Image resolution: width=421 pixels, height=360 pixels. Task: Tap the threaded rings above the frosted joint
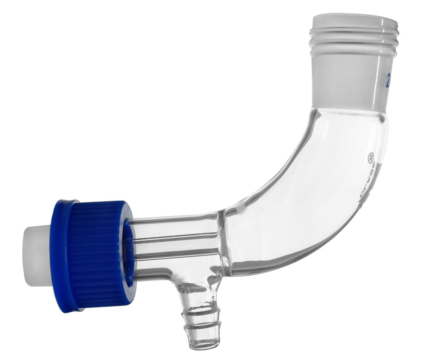tap(355, 41)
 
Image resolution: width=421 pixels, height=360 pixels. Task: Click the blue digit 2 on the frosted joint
tap(390, 79)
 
